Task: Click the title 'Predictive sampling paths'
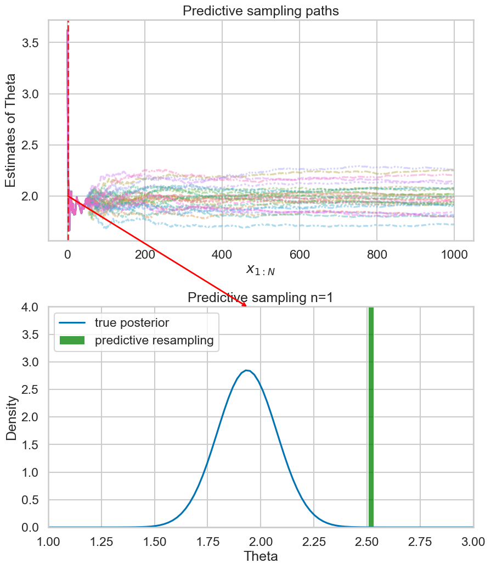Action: [261, 10]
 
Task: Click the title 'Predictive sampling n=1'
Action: [261, 298]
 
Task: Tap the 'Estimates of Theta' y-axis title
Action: [12, 130]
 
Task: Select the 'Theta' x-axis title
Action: [261, 556]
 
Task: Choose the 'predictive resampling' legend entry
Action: [154, 341]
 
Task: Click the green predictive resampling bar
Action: [371, 417]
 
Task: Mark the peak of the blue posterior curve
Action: [248, 371]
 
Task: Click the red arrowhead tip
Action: [246, 306]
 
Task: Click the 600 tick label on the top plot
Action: [300, 254]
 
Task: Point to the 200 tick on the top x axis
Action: [145, 254]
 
